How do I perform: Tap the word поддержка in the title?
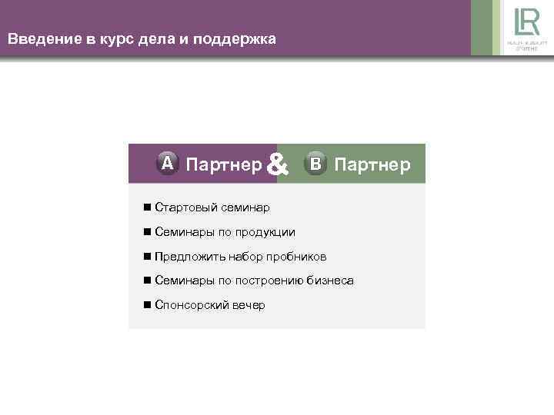(238, 38)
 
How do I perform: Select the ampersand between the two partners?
(279, 164)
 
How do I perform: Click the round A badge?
(168, 164)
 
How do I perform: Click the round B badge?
(315, 164)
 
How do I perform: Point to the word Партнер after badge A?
(224, 164)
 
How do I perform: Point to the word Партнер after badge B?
(372, 164)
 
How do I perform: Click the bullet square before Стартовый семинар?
(146, 207)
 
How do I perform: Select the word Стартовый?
(185, 207)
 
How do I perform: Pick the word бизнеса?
(332, 281)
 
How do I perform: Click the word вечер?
(249, 306)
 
